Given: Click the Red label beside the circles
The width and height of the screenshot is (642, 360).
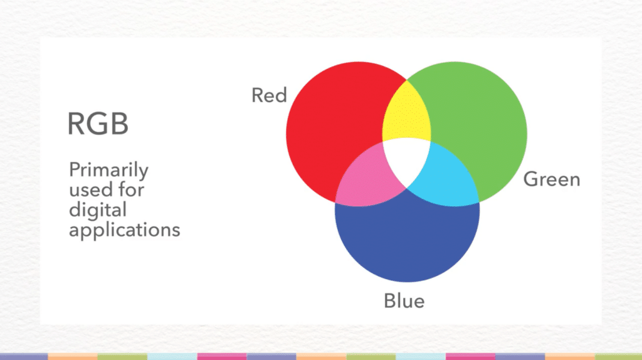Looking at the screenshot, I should pyautogui.click(x=269, y=95).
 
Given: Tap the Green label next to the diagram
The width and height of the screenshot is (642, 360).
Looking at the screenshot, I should pyautogui.click(x=552, y=179).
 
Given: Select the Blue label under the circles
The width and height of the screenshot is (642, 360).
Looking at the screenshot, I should pyautogui.click(x=404, y=301).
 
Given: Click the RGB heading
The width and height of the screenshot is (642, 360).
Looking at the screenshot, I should pyautogui.click(x=98, y=124).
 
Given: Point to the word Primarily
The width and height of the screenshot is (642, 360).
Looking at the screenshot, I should pyautogui.click(x=108, y=171).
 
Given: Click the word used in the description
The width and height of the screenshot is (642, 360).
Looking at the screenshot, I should pyautogui.click(x=87, y=189).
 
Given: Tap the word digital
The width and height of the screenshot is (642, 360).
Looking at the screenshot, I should pyautogui.click(x=97, y=209).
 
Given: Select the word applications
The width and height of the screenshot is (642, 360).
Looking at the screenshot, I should pyautogui.click(x=124, y=230).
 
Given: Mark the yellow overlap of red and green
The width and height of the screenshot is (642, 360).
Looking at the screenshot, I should pyautogui.click(x=407, y=116).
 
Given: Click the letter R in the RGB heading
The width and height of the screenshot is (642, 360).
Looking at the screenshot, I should pyautogui.click(x=76, y=124).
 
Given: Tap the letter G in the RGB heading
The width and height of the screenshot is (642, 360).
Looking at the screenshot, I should pyautogui.click(x=98, y=124).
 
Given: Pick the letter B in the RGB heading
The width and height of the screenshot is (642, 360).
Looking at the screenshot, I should pyautogui.click(x=120, y=124).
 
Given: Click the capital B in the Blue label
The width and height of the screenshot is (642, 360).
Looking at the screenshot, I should pyautogui.click(x=390, y=301).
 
